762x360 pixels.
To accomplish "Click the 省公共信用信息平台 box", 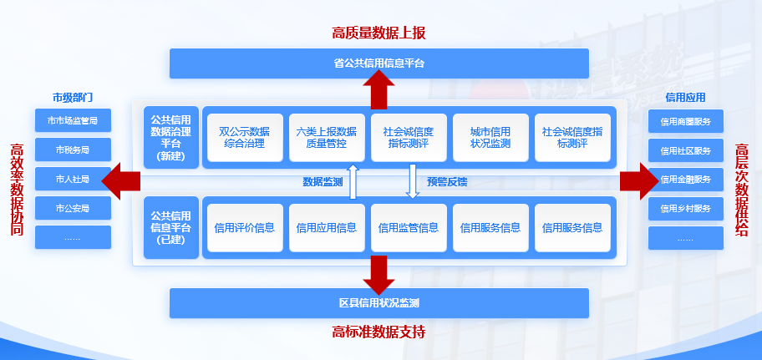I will pos(379,63).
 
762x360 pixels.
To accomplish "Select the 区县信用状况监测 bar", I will pos(379,303).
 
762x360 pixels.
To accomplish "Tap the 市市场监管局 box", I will pos(73,121).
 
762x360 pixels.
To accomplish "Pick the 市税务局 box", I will pos(73,150).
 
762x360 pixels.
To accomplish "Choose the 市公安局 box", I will pos(73,208).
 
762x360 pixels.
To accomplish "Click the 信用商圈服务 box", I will pos(686,121).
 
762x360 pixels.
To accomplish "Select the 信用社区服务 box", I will pos(686,150).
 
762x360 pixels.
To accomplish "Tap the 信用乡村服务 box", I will pos(686,208).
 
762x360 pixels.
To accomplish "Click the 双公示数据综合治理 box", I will pos(244,137).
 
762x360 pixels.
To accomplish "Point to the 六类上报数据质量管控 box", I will pos(326,137).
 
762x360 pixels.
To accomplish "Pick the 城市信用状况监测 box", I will pos(490,137).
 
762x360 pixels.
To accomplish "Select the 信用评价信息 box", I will pos(244,227).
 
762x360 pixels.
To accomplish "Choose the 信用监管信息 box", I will pos(408,227).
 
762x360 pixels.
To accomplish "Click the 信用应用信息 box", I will pos(326,227).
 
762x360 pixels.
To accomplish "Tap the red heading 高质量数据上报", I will pos(379,33).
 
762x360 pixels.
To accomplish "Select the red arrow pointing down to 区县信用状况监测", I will pos(379,272).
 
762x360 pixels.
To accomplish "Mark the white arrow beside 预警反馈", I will pos(412,181).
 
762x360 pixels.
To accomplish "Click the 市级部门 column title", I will pos(73,97).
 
